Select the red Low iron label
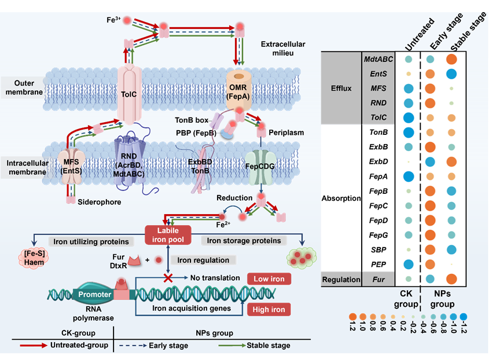click(x=269, y=280)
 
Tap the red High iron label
click(x=269, y=309)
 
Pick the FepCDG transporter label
click(x=262, y=164)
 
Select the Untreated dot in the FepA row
click(x=409, y=177)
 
